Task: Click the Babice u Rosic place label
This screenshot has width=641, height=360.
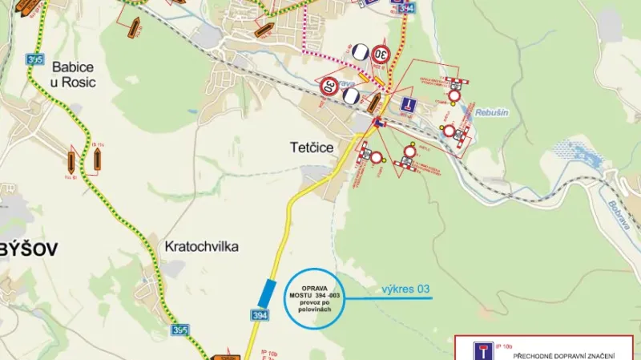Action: click(73, 74)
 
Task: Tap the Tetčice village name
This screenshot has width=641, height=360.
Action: click(312, 148)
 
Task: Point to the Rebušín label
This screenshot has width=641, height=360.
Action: click(491, 113)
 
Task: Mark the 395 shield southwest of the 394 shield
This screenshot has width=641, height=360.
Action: click(181, 330)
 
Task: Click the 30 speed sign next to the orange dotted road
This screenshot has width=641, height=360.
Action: click(380, 55)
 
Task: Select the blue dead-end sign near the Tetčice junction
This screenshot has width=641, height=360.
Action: click(407, 103)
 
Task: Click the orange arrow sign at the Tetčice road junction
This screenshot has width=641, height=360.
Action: click(373, 102)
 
